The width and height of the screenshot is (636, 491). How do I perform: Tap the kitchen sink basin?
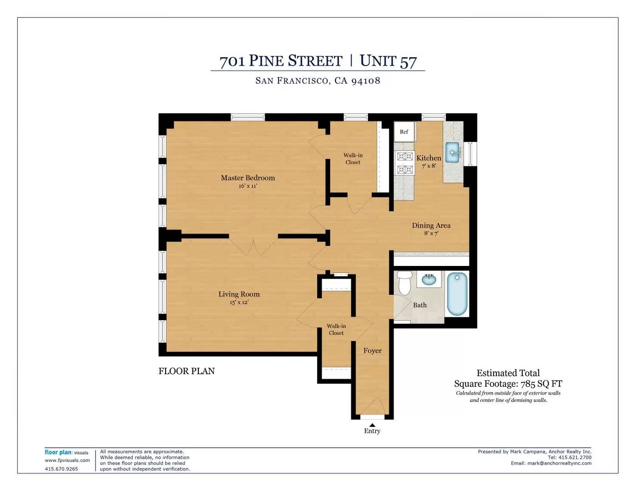[x=453, y=152]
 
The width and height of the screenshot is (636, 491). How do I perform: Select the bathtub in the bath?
[x=457, y=294]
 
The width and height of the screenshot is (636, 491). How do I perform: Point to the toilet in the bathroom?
[x=405, y=283]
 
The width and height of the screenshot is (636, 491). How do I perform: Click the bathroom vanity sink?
[x=429, y=280]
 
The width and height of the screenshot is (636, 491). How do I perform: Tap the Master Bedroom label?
[x=248, y=178]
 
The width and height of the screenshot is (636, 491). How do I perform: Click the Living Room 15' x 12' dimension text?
[x=239, y=302]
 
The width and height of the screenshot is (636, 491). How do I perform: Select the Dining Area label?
[x=431, y=225]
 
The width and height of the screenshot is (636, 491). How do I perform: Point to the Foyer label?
[x=372, y=351]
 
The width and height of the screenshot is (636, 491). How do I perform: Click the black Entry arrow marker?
[x=372, y=425]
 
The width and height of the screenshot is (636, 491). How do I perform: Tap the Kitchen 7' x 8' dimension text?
[x=429, y=166]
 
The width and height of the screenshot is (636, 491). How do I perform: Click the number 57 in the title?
[x=408, y=62]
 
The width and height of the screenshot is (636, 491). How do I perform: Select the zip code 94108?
[x=366, y=81]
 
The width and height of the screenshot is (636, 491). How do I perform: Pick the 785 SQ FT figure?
[x=541, y=384]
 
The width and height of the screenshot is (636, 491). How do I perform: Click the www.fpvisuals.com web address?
[x=67, y=460]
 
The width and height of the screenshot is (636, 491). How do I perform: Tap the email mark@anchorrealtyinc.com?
[x=559, y=463]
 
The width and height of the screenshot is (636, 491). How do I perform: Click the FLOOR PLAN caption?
[x=187, y=371]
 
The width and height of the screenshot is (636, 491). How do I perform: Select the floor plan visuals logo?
[x=66, y=452]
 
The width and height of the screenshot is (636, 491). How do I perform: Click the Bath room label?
[x=420, y=305]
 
